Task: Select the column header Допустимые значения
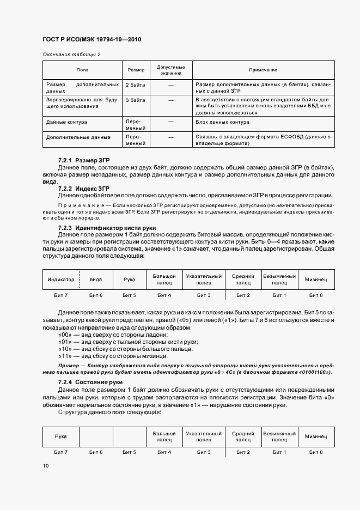pos(171,70)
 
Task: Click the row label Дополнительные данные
pos(78,137)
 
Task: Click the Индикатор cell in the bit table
pos(61,279)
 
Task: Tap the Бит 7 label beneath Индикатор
pos(61,295)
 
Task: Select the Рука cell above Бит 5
pos(129,279)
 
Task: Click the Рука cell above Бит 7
pos(61,436)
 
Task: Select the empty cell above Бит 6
pos(96,436)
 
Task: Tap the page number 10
pos(45,466)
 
